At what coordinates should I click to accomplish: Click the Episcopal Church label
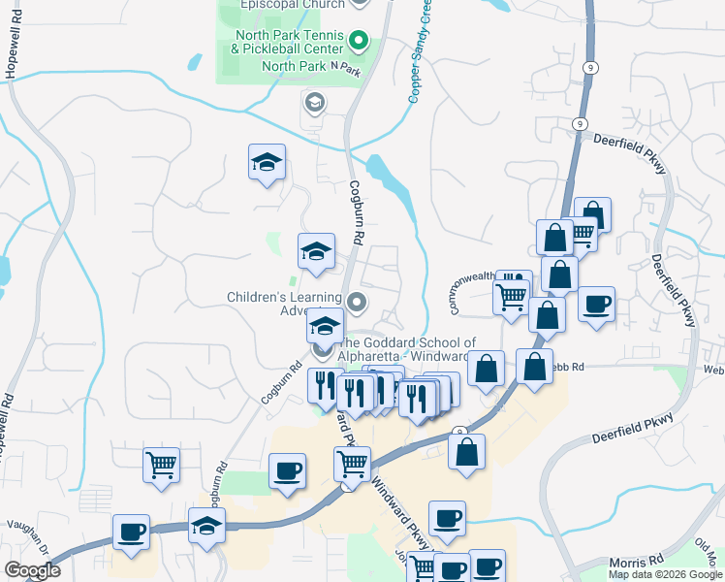[291, 4]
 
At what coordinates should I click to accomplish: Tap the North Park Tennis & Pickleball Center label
[288, 41]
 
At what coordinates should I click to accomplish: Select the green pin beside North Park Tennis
[358, 42]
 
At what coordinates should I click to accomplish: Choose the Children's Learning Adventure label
[284, 304]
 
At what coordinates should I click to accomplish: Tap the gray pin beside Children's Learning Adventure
[358, 304]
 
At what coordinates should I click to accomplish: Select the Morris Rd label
[635, 564]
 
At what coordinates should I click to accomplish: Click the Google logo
[32, 570]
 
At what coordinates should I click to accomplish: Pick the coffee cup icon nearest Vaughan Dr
[131, 533]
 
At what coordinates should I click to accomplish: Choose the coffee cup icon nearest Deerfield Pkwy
[596, 304]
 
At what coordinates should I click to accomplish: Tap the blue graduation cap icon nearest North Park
[267, 163]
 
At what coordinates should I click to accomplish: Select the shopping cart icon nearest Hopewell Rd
[161, 465]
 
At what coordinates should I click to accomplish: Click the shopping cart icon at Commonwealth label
[511, 295]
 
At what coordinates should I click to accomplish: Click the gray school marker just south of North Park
[314, 102]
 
